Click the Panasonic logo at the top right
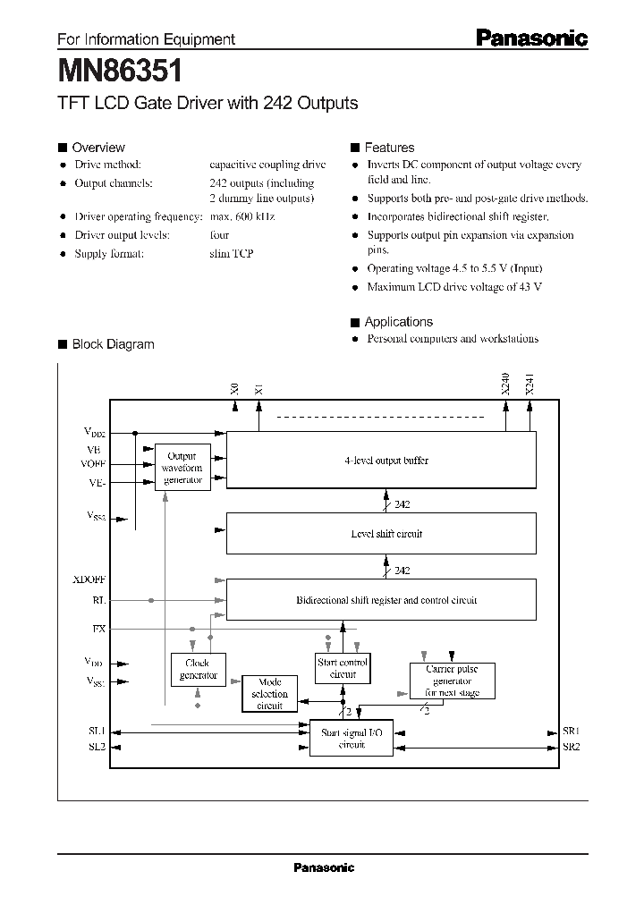coord(530,38)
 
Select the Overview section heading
coord(97,148)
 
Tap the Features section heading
coord(389,148)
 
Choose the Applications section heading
coord(398,322)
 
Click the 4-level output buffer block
coord(381,461)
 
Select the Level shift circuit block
coord(381,534)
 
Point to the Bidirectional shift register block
coord(381,600)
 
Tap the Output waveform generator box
coord(182,468)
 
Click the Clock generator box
coord(198,669)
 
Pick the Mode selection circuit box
coord(269,693)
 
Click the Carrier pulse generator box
coord(452,681)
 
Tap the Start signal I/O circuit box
coord(352,739)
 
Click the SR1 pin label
coord(572,731)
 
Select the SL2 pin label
coord(97,747)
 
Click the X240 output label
coord(505,385)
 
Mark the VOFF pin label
coord(94,464)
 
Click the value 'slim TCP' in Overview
coord(232,254)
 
